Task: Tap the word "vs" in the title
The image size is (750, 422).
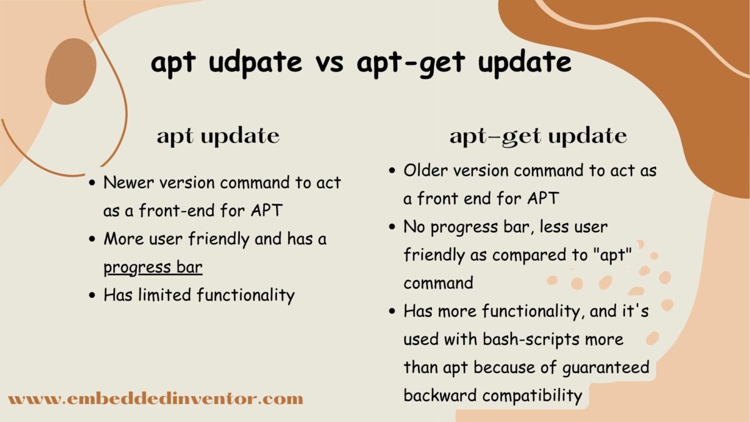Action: pyautogui.click(x=334, y=63)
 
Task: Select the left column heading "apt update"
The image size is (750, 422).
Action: pyautogui.click(x=218, y=137)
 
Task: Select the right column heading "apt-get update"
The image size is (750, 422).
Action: pyautogui.click(x=538, y=137)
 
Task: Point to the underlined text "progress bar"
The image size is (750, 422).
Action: pyautogui.click(x=153, y=267)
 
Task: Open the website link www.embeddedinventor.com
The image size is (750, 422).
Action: pyautogui.click(x=156, y=398)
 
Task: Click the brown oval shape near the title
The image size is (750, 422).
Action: pyautogui.click(x=71, y=71)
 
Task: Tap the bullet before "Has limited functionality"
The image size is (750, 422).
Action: pyautogui.click(x=92, y=295)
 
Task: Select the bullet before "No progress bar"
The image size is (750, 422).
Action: pyautogui.click(x=392, y=227)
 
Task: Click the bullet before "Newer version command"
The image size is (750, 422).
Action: pyautogui.click(x=92, y=183)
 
